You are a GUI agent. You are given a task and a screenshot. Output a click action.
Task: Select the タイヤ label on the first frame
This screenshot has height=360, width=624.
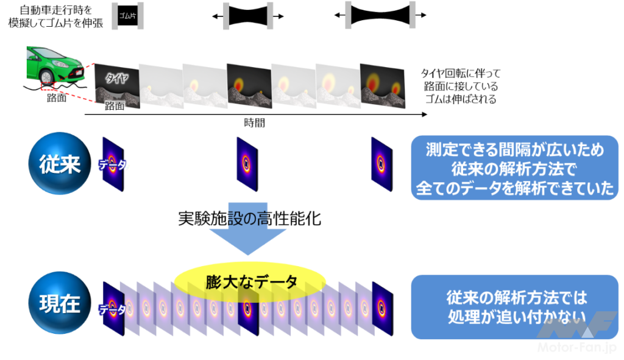pyautogui.click(x=116, y=77)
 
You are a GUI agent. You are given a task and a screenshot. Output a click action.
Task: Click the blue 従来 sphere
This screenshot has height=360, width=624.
pyautogui.click(x=58, y=164)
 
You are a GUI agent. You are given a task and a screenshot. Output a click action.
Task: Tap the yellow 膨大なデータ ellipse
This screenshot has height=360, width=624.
pyautogui.click(x=250, y=282)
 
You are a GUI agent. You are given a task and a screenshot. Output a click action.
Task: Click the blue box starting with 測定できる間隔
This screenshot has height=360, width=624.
pyautogui.click(x=515, y=168)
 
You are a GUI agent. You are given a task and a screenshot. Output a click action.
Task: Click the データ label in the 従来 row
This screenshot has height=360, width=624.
pyautogui.click(x=114, y=164)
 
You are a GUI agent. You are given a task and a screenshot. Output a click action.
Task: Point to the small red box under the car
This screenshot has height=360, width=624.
pyautogui.click(x=48, y=87)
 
